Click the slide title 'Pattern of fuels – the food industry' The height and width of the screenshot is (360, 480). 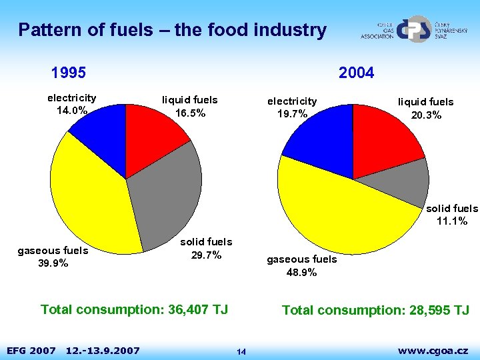[x=172, y=30]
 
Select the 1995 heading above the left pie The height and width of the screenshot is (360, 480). [x=69, y=72]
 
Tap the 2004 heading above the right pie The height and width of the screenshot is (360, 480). [x=356, y=72]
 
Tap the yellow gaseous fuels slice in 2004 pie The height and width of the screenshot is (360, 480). [x=340, y=213]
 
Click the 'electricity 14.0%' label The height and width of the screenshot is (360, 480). [x=71, y=104]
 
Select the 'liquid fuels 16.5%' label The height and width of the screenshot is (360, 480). [x=190, y=107]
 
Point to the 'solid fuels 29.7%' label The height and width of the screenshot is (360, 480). [x=206, y=248]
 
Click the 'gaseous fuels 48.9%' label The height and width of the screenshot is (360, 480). [x=301, y=265]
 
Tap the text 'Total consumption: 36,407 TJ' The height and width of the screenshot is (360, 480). [x=134, y=309]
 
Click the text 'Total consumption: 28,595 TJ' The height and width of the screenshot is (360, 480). [x=375, y=310]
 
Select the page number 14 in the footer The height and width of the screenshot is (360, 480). [x=241, y=352]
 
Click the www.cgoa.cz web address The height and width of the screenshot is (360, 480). [x=433, y=350]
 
